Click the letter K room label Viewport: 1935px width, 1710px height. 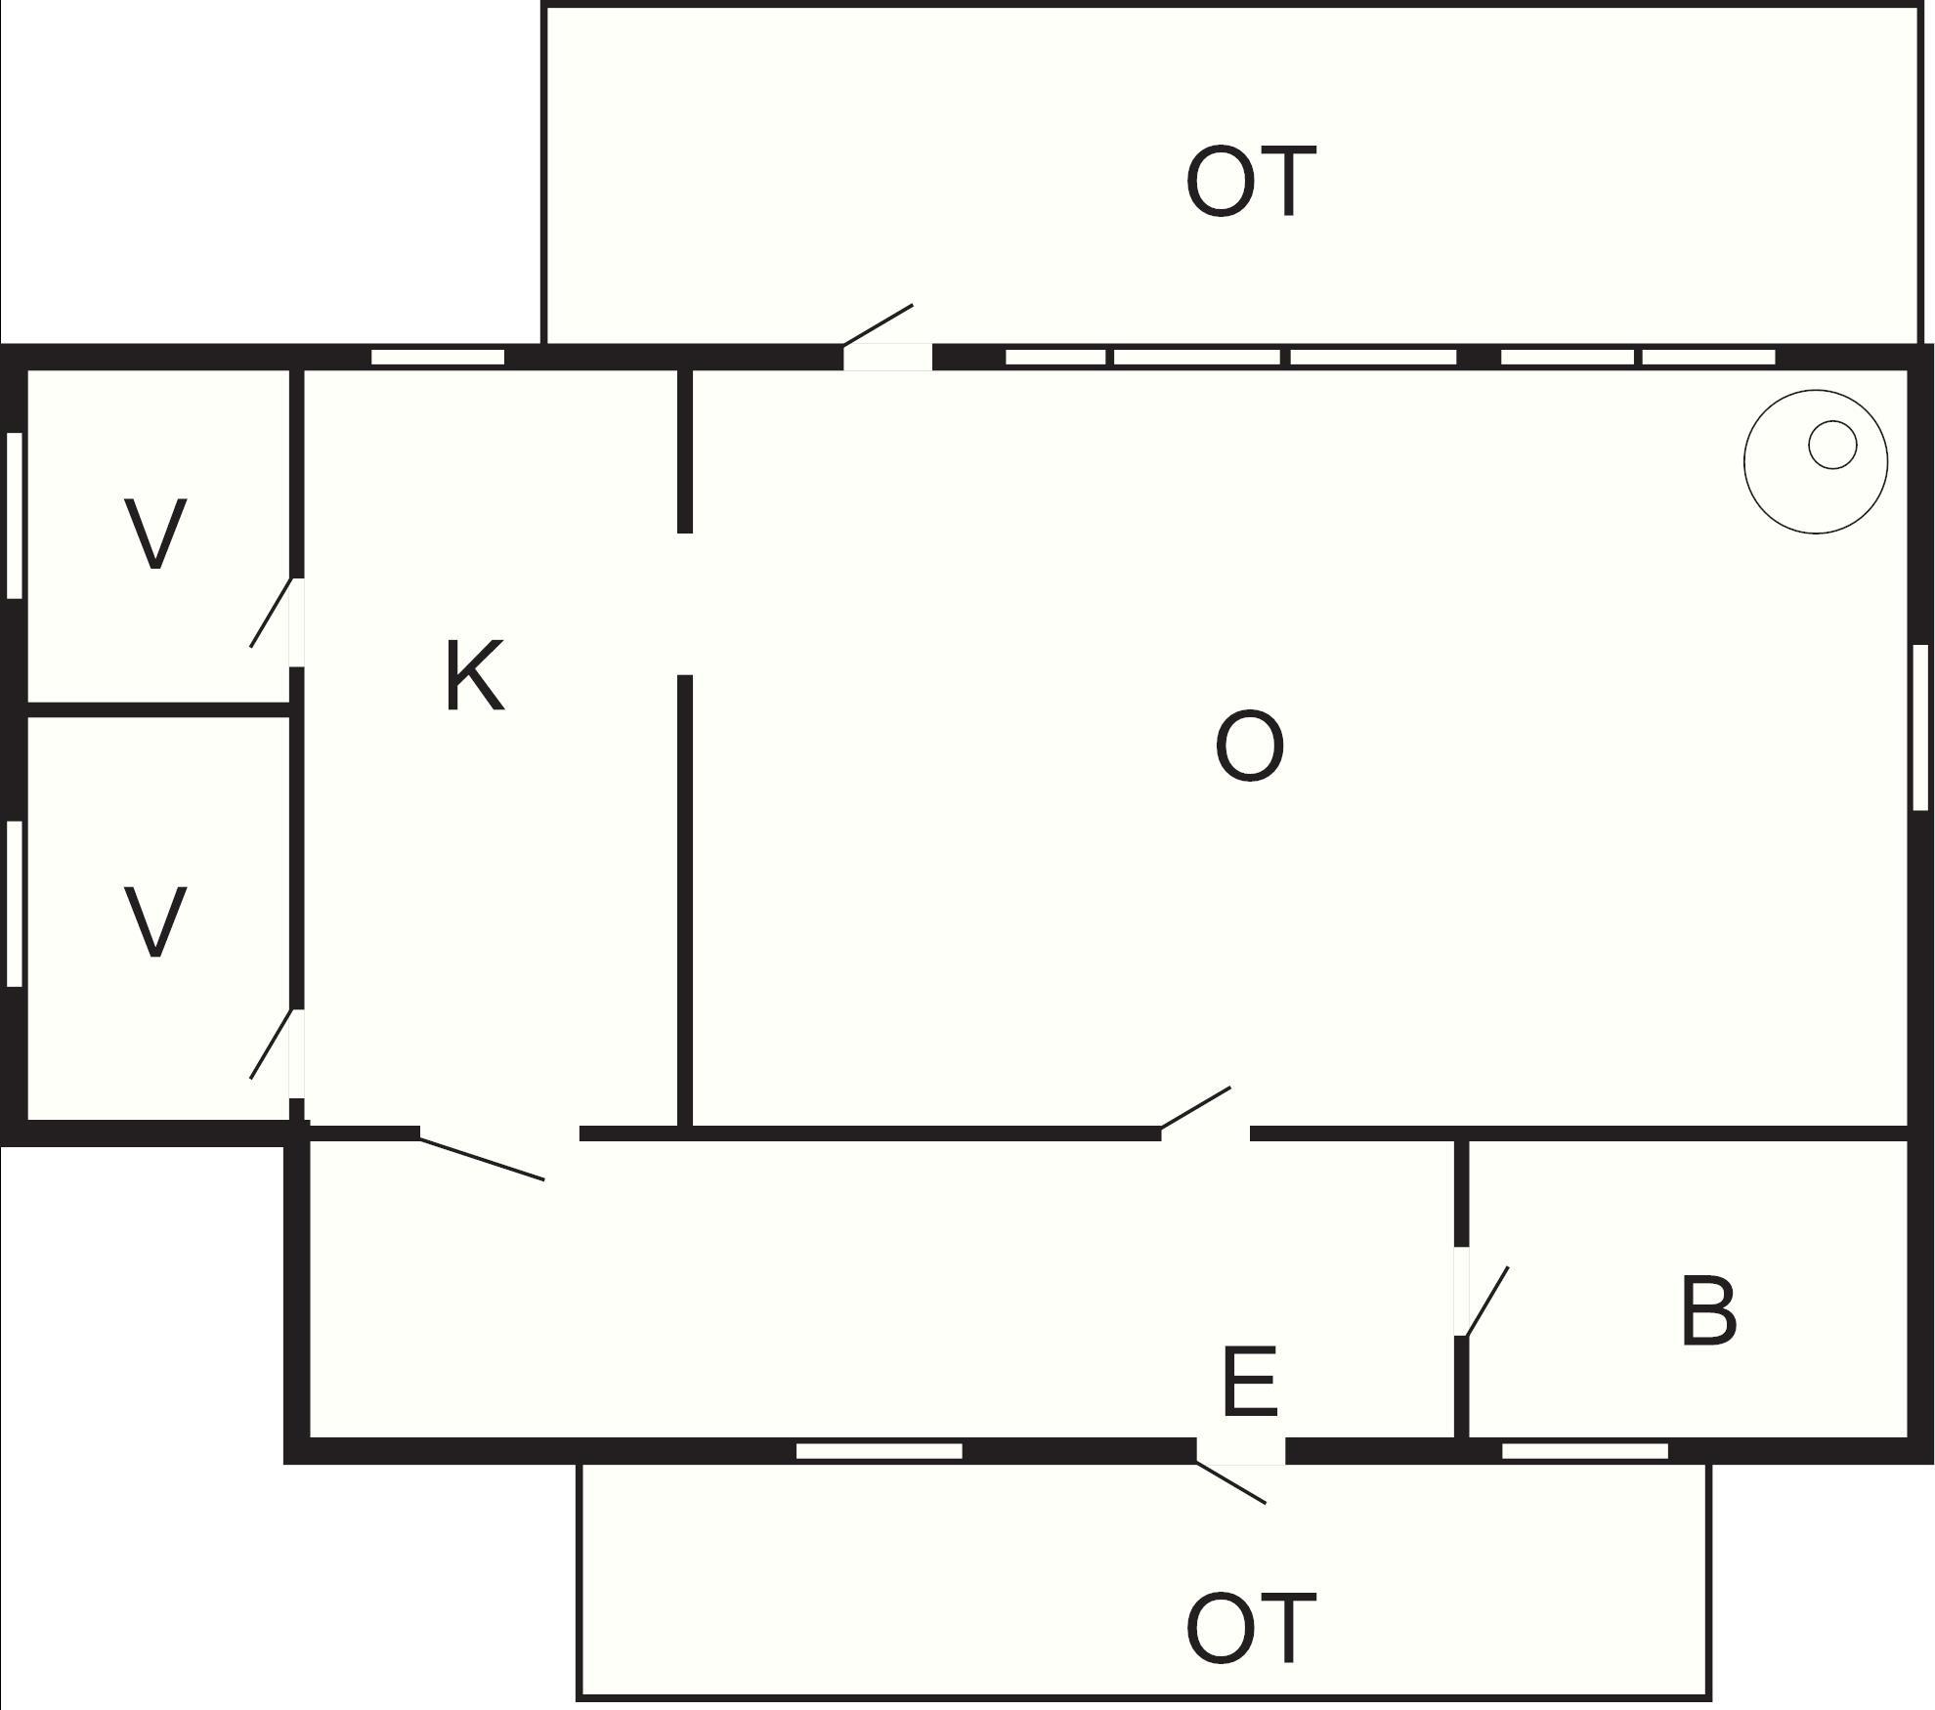(x=475, y=675)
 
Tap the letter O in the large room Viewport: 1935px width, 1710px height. (x=1249, y=747)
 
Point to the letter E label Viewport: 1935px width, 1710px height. (x=1250, y=1381)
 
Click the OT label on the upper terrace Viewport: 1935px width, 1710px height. (x=1251, y=182)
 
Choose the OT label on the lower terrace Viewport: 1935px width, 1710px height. (x=1251, y=1628)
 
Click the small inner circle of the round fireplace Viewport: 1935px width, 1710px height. (x=1832, y=445)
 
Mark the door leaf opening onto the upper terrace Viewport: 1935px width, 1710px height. (x=878, y=324)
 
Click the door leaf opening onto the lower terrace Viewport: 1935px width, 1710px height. (x=1230, y=1481)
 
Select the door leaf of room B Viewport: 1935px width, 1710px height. (x=1485, y=1301)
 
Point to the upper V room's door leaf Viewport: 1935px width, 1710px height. (x=272, y=613)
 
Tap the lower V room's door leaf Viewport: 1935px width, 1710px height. (x=272, y=1045)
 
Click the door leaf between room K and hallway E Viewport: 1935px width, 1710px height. (x=482, y=1158)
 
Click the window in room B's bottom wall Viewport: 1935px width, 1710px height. (x=1585, y=1451)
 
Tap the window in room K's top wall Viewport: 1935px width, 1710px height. (x=438, y=357)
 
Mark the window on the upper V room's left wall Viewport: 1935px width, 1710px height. (x=15, y=515)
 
